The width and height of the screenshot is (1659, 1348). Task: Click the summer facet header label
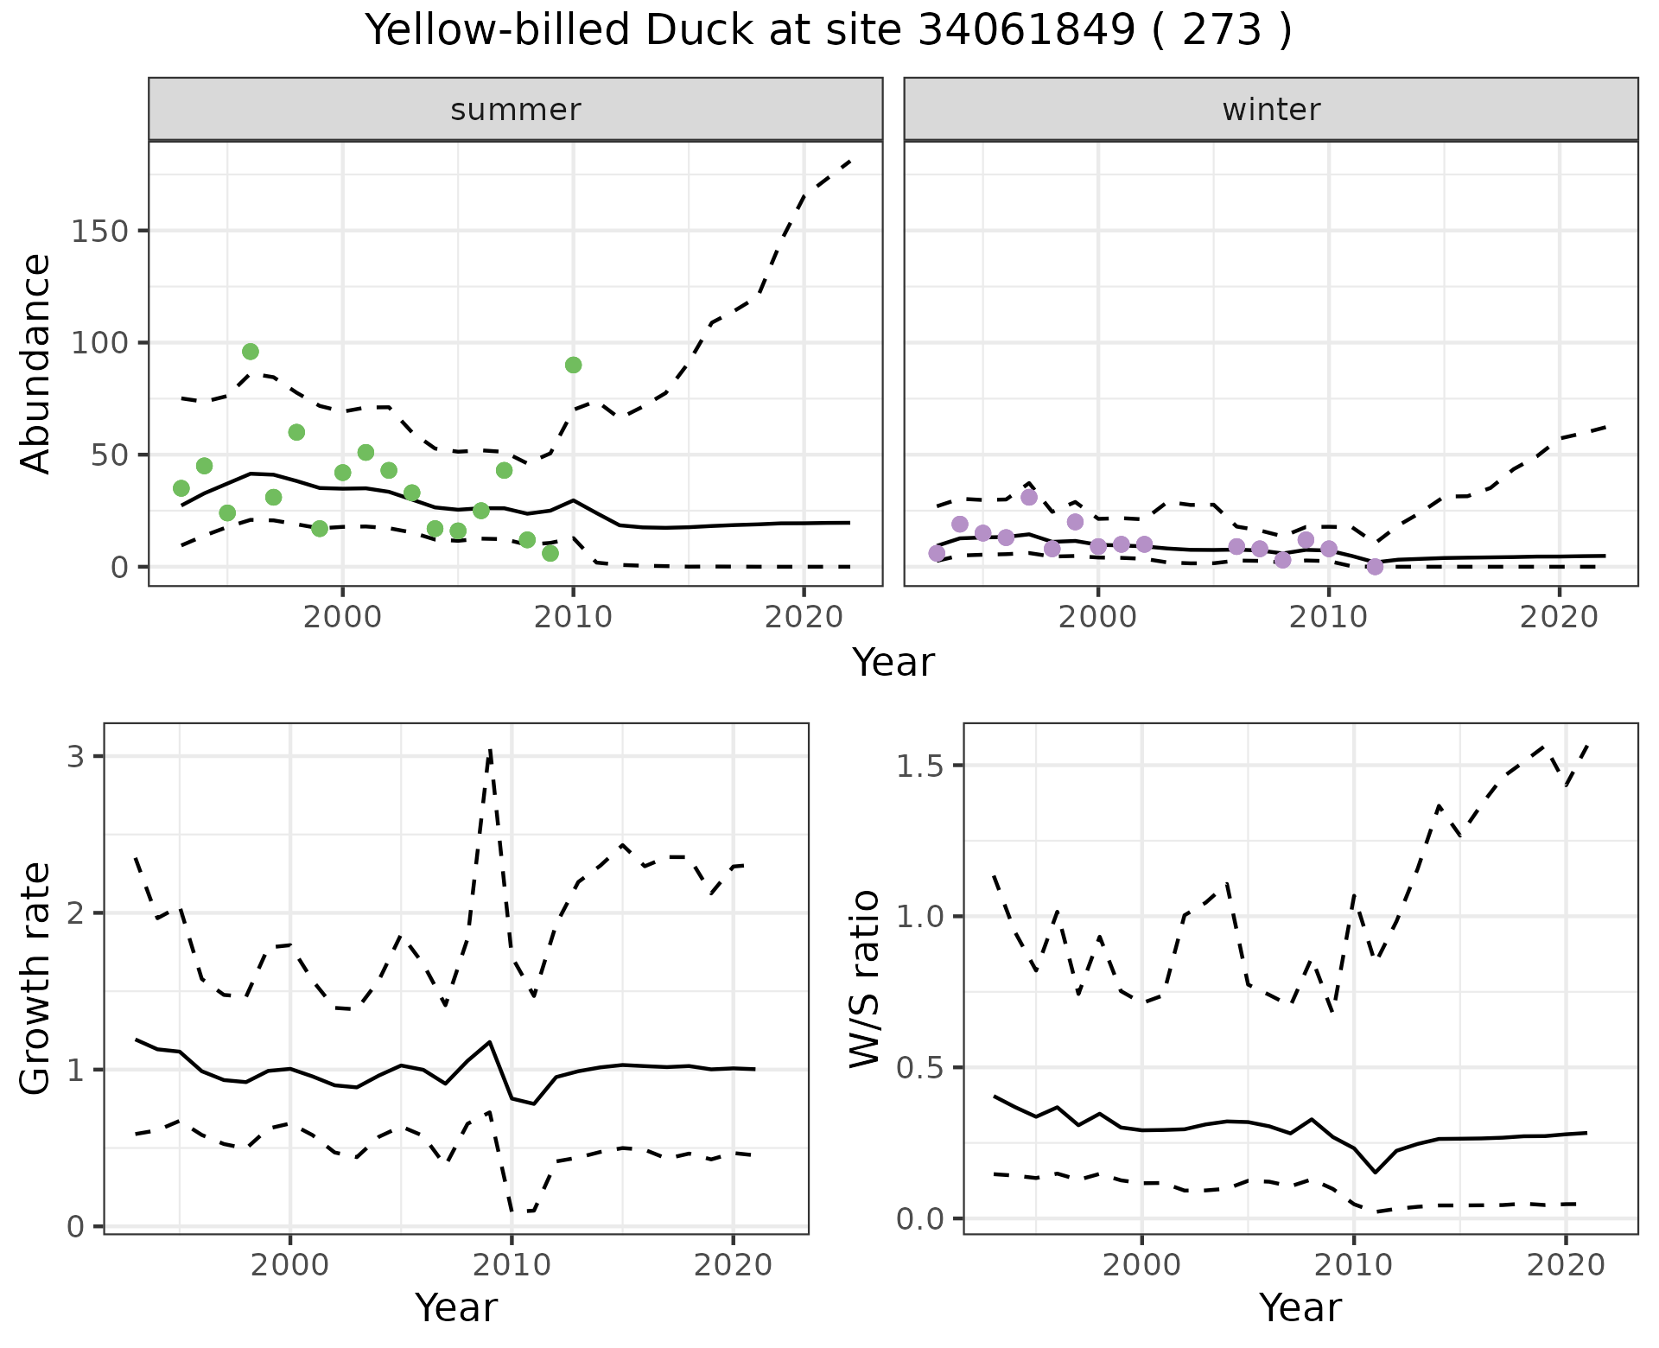[516, 110]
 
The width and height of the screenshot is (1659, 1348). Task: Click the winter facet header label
[1271, 110]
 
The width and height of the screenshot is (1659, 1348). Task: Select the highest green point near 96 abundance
[251, 352]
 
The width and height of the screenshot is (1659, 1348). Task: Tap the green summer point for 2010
[573, 365]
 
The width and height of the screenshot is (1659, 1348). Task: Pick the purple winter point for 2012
[1375, 567]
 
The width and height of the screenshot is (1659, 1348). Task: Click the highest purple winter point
[1029, 497]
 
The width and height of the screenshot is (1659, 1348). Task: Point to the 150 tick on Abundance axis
[99, 231]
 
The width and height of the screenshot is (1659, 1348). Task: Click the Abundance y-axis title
[36, 363]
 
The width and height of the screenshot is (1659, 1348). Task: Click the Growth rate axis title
[36, 978]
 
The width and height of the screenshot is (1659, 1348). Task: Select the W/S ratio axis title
[865, 978]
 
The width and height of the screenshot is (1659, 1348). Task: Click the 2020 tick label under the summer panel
[804, 618]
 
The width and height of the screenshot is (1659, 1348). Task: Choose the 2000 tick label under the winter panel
[1098, 618]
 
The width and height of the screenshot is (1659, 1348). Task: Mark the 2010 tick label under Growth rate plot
[512, 1266]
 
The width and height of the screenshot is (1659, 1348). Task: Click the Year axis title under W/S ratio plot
[1300, 1307]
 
